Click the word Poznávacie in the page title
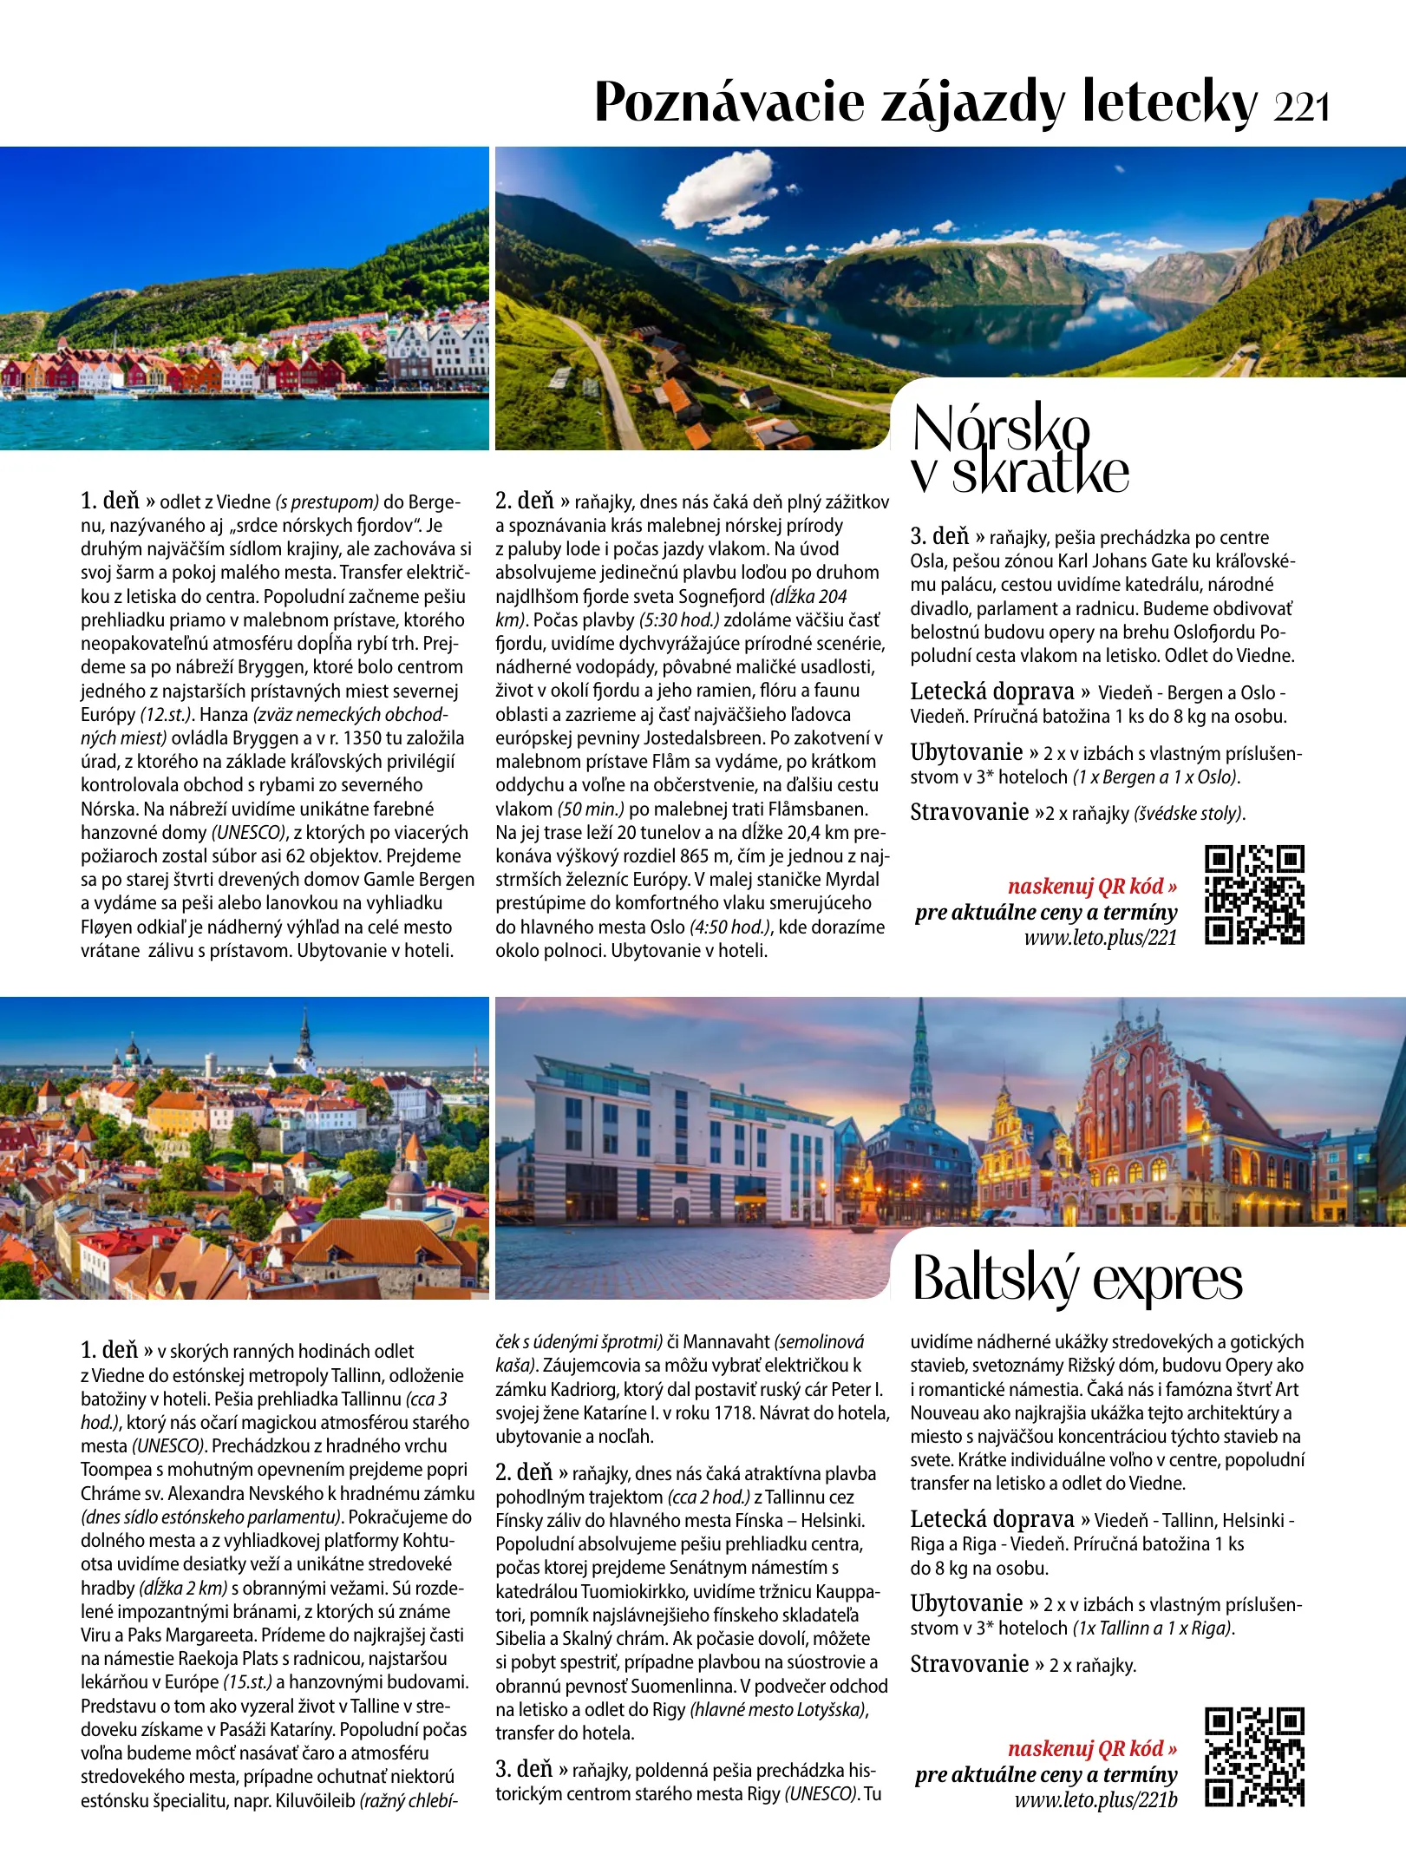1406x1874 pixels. pos(729,102)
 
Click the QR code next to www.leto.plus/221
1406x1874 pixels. pos(1254,894)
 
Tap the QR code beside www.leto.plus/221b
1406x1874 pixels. pos(1254,1757)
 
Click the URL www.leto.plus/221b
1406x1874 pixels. pos(1095,1799)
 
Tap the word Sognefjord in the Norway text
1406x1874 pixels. pos(722,596)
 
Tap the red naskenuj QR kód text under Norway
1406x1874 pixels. pos(1092,886)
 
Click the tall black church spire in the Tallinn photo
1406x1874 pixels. pos(304,1037)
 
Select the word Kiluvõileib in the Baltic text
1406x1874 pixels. pos(315,1800)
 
